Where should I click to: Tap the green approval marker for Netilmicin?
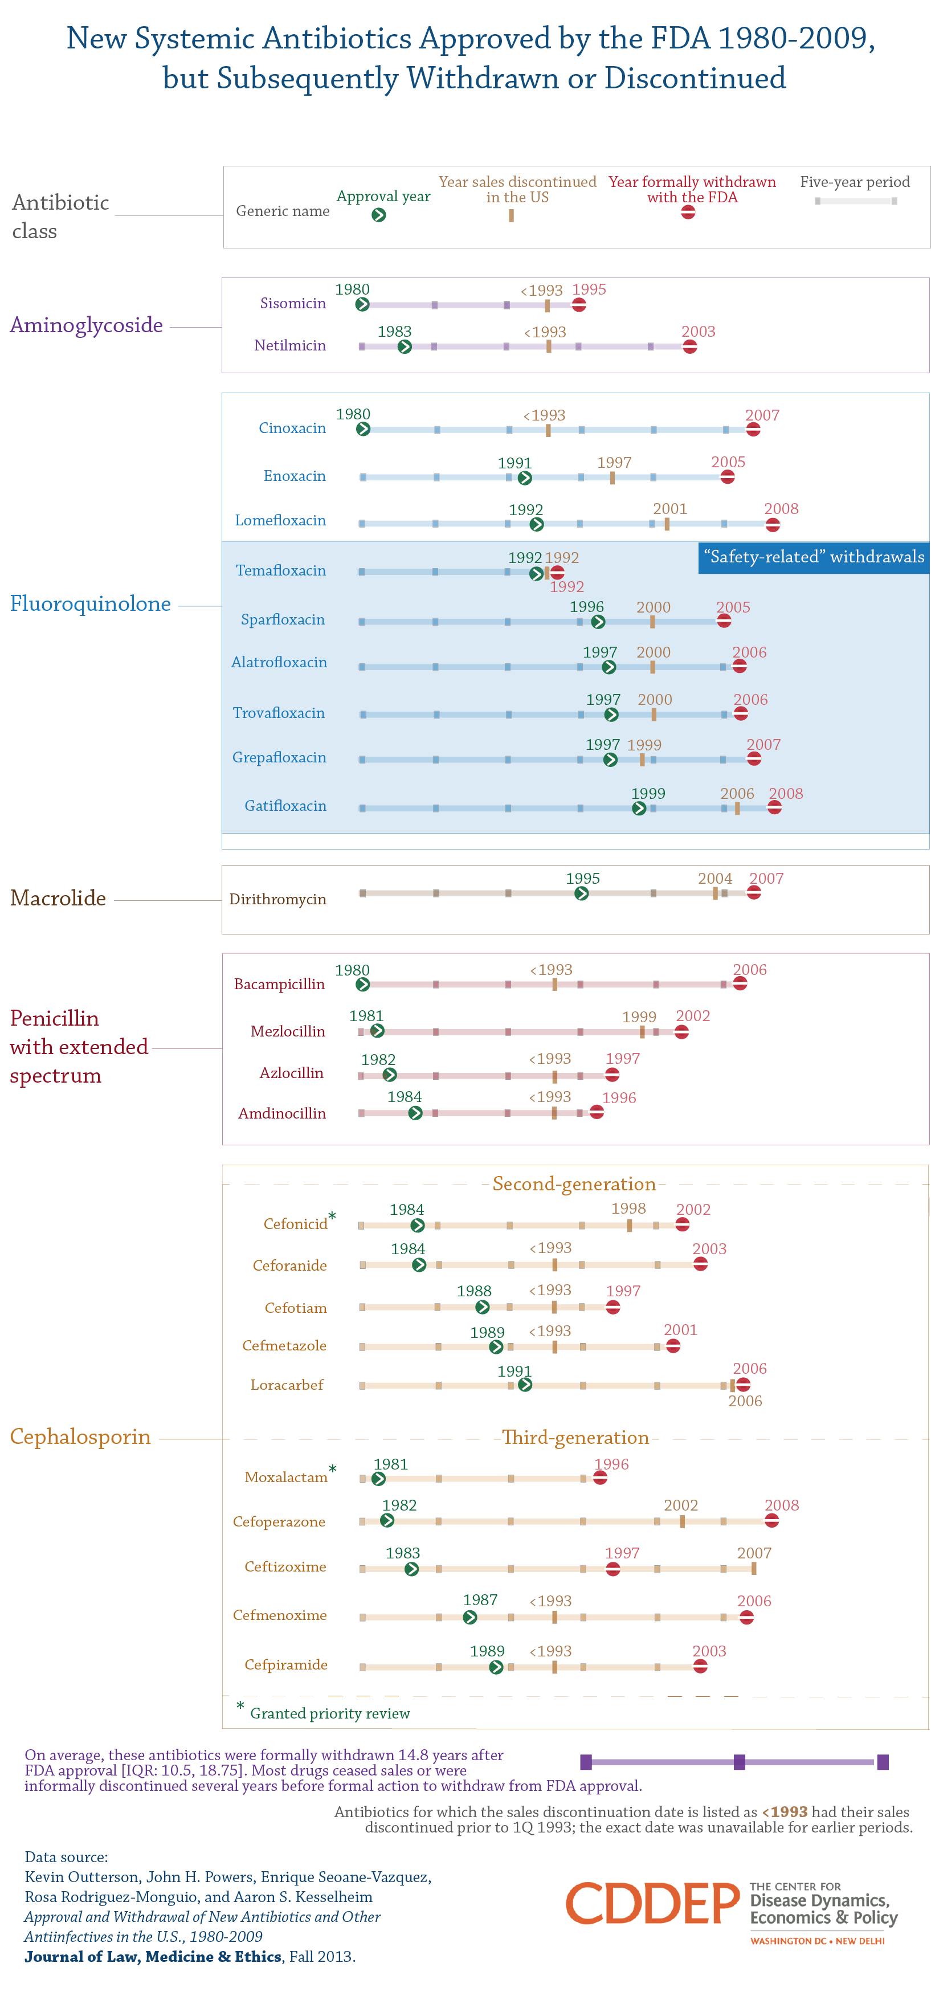click(x=405, y=347)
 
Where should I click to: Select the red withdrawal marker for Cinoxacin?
click(x=753, y=430)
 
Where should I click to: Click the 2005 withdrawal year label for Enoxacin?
click(x=728, y=462)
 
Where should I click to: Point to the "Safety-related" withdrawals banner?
click(x=813, y=557)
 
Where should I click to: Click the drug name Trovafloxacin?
click(x=279, y=713)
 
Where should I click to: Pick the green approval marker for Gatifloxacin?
click(x=638, y=808)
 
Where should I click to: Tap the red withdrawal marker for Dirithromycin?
click(x=753, y=893)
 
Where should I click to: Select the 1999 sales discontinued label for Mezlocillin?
click(x=639, y=1017)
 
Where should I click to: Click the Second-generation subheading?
click(x=574, y=1184)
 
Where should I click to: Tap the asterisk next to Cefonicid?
click(x=332, y=1216)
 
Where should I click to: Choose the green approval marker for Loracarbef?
click(x=525, y=1385)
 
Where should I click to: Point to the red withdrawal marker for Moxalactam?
click(x=599, y=1477)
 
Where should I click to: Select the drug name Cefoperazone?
click(x=279, y=1522)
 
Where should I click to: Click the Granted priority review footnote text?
click(x=329, y=1713)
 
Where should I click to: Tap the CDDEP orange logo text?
click(x=652, y=1904)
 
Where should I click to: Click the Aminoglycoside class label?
click(x=86, y=325)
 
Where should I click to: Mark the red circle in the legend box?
click(x=688, y=212)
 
